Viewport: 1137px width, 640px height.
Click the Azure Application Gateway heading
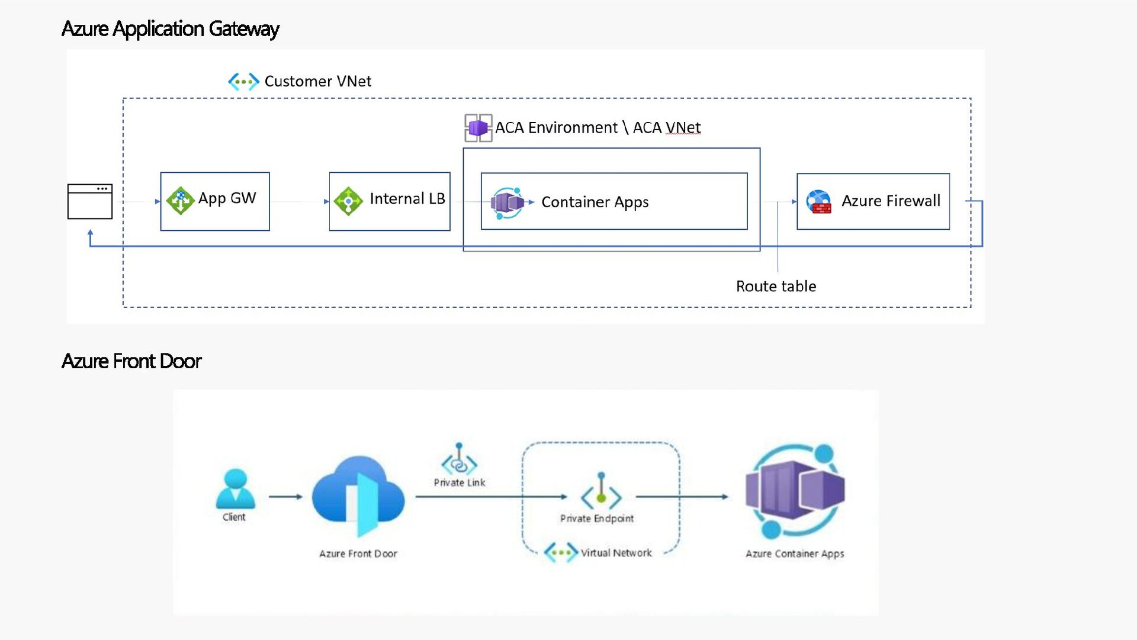click(x=170, y=28)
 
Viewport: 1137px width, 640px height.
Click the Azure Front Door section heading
click(x=131, y=361)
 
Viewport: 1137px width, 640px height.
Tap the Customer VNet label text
click(x=317, y=81)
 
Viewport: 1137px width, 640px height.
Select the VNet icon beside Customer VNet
click(x=243, y=81)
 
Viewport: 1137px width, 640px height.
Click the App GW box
click(x=215, y=201)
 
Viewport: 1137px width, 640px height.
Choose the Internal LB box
click(x=389, y=201)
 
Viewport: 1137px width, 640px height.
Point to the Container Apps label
click(x=595, y=202)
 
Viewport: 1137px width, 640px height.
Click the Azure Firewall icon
click(x=818, y=201)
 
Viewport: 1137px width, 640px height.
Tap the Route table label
click(x=776, y=287)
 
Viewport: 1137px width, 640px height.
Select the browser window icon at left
click(x=90, y=201)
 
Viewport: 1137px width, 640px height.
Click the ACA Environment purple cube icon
click(x=478, y=128)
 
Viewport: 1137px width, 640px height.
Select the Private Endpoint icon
click(x=600, y=491)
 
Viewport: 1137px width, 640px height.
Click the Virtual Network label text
click(x=616, y=553)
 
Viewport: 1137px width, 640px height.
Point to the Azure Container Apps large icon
click(x=795, y=491)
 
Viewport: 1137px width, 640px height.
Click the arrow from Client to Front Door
click(x=285, y=497)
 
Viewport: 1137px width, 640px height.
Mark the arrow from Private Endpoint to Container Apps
click(x=682, y=497)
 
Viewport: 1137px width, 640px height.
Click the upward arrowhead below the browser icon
click(x=90, y=234)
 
